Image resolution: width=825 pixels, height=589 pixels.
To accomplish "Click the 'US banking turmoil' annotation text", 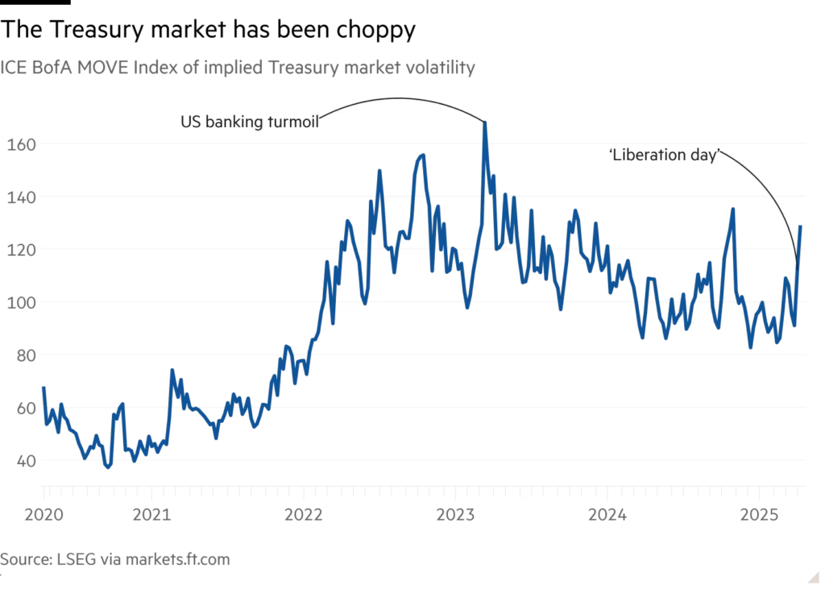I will click(251, 122).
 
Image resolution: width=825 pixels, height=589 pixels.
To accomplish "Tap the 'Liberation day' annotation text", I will click(665, 155).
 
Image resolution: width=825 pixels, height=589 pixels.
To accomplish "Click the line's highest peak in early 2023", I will click(485, 122).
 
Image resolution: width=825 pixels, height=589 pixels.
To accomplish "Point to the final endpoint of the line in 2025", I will click(801, 226).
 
